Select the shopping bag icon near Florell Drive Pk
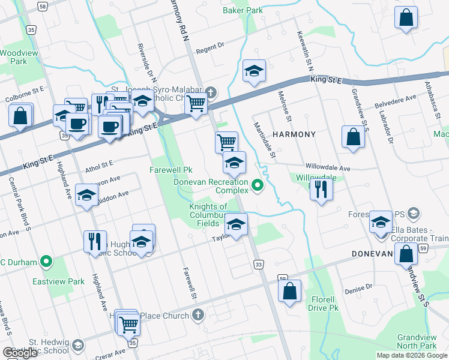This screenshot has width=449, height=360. click(289, 292)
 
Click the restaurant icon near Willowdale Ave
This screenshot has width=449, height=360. click(323, 189)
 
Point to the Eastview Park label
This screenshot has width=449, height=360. click(67, 281)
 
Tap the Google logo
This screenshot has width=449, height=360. click(20, 353)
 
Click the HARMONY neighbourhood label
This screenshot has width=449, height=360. click(294, 134)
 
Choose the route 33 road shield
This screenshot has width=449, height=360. click(259, 264)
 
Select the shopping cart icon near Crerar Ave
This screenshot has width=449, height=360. click(128, 325)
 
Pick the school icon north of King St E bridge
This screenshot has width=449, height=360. click(254, 71)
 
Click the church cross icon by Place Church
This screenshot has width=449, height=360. click(199, 315)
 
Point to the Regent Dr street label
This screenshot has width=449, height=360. click(209, 46)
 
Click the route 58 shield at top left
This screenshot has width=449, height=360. click(42, 5)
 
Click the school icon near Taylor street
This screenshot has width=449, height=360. click(237, 225)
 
